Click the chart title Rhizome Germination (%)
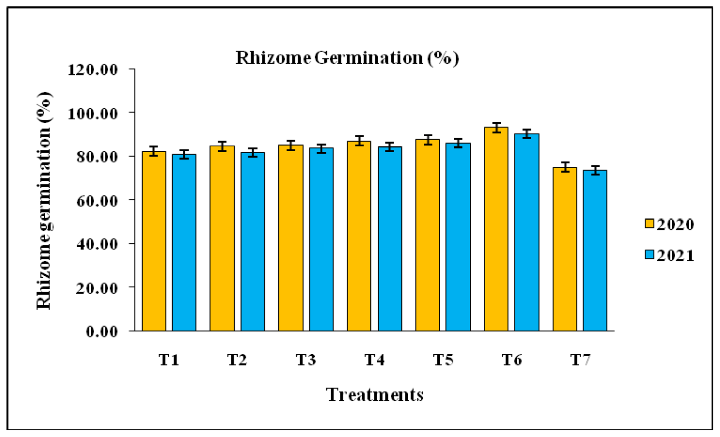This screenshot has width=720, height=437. [x=347, y=58]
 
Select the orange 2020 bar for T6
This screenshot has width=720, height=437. [x=496, y=229]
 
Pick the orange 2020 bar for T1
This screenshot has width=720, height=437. [x=154, y=241]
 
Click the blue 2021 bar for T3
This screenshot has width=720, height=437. [x=321, y=240]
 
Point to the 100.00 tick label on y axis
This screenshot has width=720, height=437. [x=93, y=114]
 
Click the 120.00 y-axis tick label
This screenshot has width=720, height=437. [x=93, y=70]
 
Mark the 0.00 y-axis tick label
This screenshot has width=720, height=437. [x=102, y=332]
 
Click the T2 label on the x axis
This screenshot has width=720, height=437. [x=237, y=360]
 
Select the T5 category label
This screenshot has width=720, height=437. [x=443, y=360]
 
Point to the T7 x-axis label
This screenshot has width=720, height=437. [x=580, y=360]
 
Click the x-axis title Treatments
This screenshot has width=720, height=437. [x=375, y=395]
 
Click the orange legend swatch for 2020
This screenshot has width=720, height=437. [x=649, y=223]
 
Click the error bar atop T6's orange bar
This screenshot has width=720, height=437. [x=496, y=128]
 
